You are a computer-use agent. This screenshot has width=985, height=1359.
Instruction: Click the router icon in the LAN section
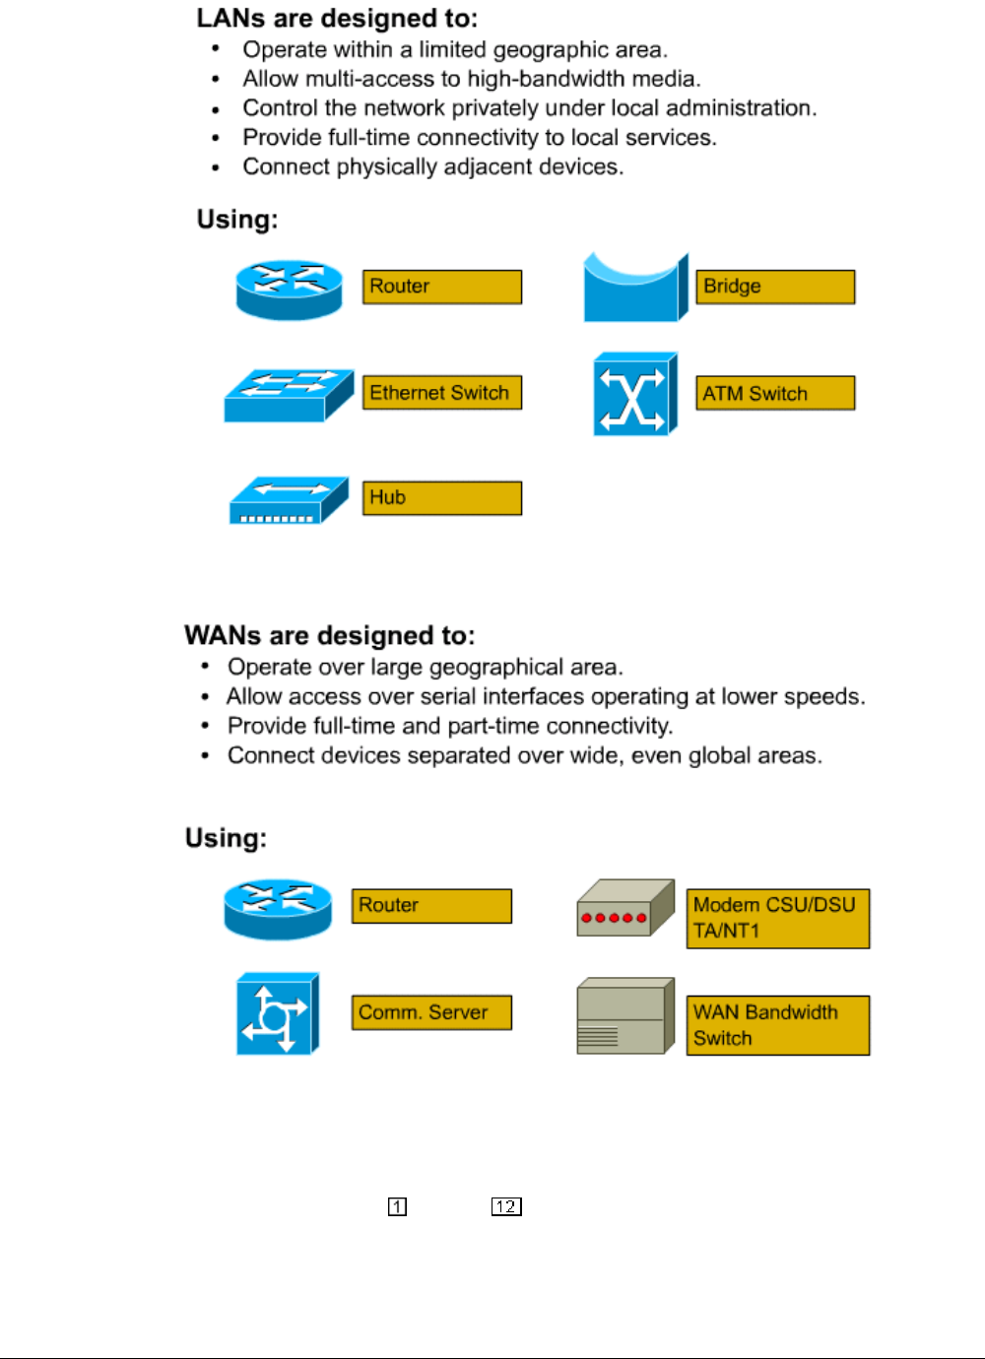click(x=289, y=290)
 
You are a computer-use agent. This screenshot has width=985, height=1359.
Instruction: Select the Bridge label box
click(x=775, y=287)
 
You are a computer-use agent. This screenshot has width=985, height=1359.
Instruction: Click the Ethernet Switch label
click(x=441, y=393)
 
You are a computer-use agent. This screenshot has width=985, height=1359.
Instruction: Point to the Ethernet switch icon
click(x=288, y=395)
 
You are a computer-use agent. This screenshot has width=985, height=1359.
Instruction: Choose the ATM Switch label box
click(x=775, y=393)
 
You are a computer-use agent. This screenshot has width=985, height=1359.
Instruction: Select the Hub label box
click(x=441, y=498)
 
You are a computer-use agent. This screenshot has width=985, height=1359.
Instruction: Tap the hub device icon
click(x=288, y=500)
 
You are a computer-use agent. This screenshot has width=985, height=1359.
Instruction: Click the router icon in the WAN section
click(x=277, y=909)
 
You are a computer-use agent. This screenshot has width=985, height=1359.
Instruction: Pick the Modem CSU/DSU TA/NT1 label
click(x=777, y=918)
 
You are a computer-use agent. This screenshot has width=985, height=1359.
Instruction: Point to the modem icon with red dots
click(x=624, y=908)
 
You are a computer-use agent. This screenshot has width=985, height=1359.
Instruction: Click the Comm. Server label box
click(x=431, y=1012)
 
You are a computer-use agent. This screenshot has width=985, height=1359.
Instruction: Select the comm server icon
click(x=277, y=1014)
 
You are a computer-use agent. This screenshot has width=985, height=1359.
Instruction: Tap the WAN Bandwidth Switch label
click(x=777, y=1025)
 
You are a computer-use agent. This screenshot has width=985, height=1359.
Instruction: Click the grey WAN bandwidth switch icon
click(x=624, y=1016)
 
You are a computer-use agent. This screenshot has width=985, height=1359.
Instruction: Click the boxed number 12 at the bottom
click(x=506, y=1206)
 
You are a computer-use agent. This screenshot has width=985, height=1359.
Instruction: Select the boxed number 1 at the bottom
click(x=397, y=1206)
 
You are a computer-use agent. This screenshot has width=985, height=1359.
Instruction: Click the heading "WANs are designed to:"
click(x=330, y=635)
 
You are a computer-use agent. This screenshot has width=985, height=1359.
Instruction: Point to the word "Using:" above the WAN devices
click(x=226, y=838)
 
